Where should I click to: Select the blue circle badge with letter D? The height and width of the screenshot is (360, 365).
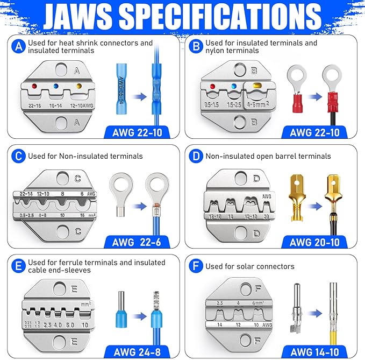196,156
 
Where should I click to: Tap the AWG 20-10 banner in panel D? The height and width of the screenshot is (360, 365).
314,242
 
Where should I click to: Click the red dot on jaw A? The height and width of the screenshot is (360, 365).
34,84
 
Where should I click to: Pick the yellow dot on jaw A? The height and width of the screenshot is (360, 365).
80,85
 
